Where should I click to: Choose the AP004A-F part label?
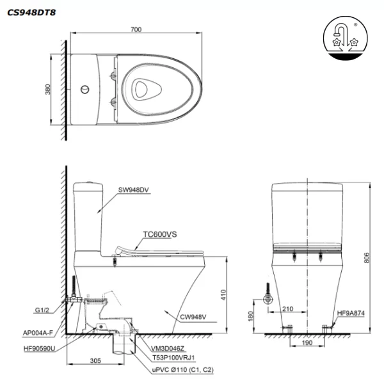(38, 333)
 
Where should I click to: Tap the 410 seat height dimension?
(223, 295)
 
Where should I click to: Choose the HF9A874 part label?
(351, 314)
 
